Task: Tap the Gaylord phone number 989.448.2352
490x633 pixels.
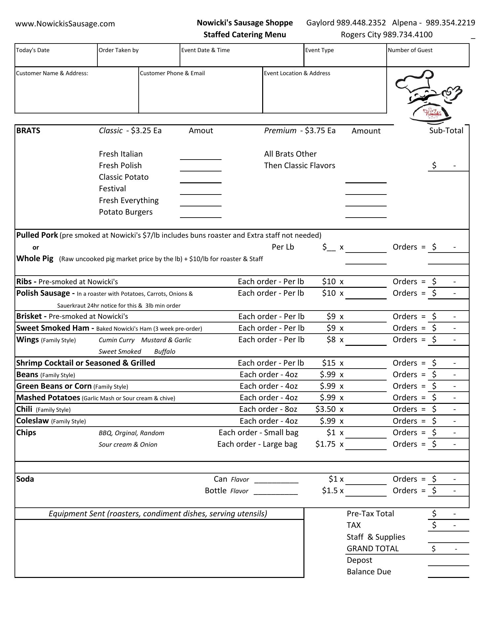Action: coord(361,23)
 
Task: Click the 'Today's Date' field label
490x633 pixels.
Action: coord(33,50)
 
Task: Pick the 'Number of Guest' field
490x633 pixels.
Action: coord(428,55)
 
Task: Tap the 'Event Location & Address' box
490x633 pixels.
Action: coord(324,90)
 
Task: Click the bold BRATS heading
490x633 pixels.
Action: coord(28,131)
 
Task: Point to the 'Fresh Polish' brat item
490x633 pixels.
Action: coord(120,166)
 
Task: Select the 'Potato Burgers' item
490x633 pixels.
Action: coord(126,212)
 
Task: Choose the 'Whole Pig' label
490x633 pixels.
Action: coord(35,258)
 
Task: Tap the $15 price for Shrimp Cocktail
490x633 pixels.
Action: coord(329,363)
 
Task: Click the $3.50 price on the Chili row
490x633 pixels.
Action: coord(325,409)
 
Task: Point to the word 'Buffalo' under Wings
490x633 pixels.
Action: coord(165,351)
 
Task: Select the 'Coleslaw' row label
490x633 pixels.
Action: coord(32,421)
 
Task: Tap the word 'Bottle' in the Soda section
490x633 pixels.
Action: coord(216,491)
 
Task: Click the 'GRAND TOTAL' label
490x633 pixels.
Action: coord(372,549)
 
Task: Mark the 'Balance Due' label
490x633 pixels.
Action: coord(369,572)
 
